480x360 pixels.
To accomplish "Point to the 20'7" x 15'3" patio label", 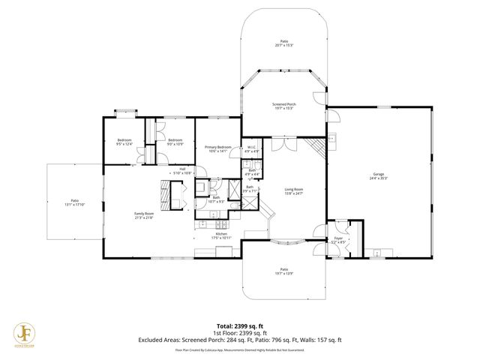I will tap(284, 43).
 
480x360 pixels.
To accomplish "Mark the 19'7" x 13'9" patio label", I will tap(283, 271).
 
